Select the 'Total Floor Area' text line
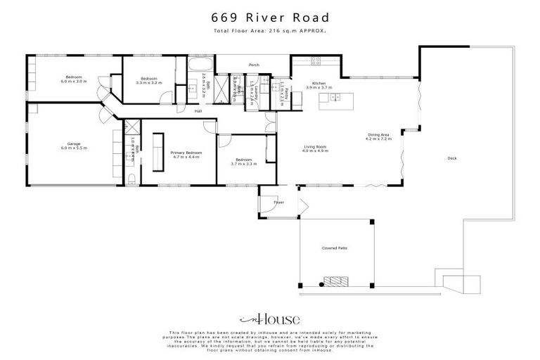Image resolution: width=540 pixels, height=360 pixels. point(269,32)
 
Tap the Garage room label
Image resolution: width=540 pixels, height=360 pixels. point(73,146)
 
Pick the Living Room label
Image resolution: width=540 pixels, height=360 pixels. point(315,148)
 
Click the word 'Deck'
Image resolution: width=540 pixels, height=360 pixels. point(452,158)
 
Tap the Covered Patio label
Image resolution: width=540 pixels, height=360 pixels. point(335,248)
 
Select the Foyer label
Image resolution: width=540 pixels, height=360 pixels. point(278,202)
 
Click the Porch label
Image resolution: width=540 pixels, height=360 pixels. point(254,65)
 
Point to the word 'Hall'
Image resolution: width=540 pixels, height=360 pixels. point(198,111)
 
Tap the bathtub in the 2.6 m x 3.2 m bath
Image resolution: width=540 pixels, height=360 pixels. point(195,70)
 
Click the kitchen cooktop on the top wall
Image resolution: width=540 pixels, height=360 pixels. point(311,62)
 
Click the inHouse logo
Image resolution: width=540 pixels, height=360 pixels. point(269,319)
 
